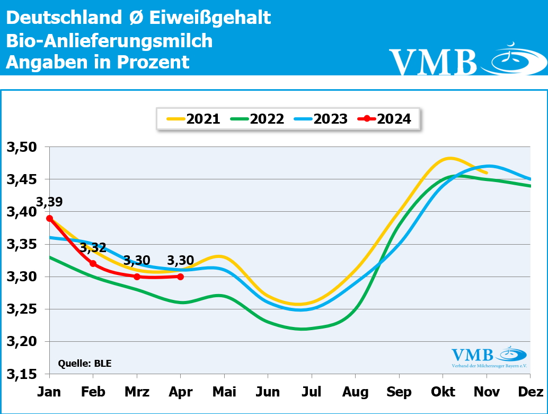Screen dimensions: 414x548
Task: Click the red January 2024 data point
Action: [x=49, y=218]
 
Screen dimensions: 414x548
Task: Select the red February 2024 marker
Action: [x=93, y=263]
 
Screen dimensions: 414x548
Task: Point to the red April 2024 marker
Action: [x=181, y=277]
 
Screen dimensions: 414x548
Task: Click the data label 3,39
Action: [x=49, y=202]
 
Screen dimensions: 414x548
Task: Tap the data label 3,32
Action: [x=93, y=248]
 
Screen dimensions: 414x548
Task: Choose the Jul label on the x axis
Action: [x=312, y=392]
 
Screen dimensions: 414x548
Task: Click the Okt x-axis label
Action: [x=443, y=392]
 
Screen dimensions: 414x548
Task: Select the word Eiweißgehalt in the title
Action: [x=210, y=18]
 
